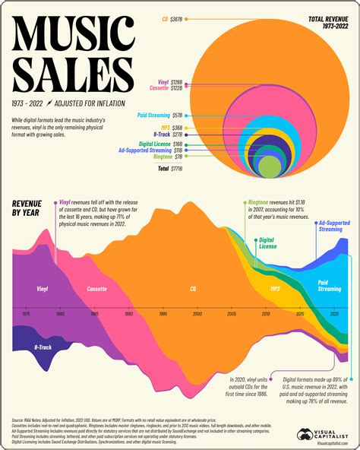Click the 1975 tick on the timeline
pyautogui.click(x=26, y=313)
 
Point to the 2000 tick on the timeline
pyautogui.click(x=197, y=313)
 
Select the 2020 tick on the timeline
pyautogui.click(x=334, y=313)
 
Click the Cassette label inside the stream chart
pyautogui.click(x=96, y=290)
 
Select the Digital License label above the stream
pyautogui.click(x=267, y=243)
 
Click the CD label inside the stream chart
pyautogui.click(x=193, y=290)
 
